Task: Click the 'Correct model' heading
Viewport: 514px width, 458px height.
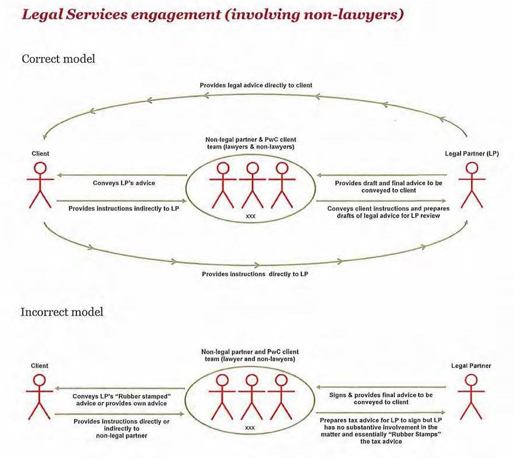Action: [58, 59]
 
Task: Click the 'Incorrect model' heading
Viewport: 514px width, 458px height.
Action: [62, 312]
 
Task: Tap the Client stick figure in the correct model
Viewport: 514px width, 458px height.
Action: [41, 185]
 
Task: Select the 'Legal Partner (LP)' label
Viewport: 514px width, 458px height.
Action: [472, 154]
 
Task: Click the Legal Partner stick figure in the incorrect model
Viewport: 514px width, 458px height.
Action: [471, 397]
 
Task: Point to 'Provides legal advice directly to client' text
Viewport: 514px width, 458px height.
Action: [256, 86]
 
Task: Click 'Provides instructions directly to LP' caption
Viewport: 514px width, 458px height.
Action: [255, 274]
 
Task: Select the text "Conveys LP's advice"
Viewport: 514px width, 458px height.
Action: [124, 183]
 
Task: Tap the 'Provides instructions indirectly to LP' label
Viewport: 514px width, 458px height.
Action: [123, 209]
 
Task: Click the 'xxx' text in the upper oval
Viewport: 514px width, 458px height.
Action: [250, 216]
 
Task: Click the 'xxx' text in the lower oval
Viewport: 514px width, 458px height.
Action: [250, 428]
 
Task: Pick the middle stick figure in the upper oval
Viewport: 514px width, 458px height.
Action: [253, 185]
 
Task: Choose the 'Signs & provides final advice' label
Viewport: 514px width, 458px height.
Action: [381, 398]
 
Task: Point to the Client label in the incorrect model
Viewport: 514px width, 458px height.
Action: [39, 366]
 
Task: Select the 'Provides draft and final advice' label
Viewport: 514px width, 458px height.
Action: [388, 187]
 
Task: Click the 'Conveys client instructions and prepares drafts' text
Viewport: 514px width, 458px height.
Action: [388, 212]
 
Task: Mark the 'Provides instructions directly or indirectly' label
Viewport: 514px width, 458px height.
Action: [122, 429]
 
